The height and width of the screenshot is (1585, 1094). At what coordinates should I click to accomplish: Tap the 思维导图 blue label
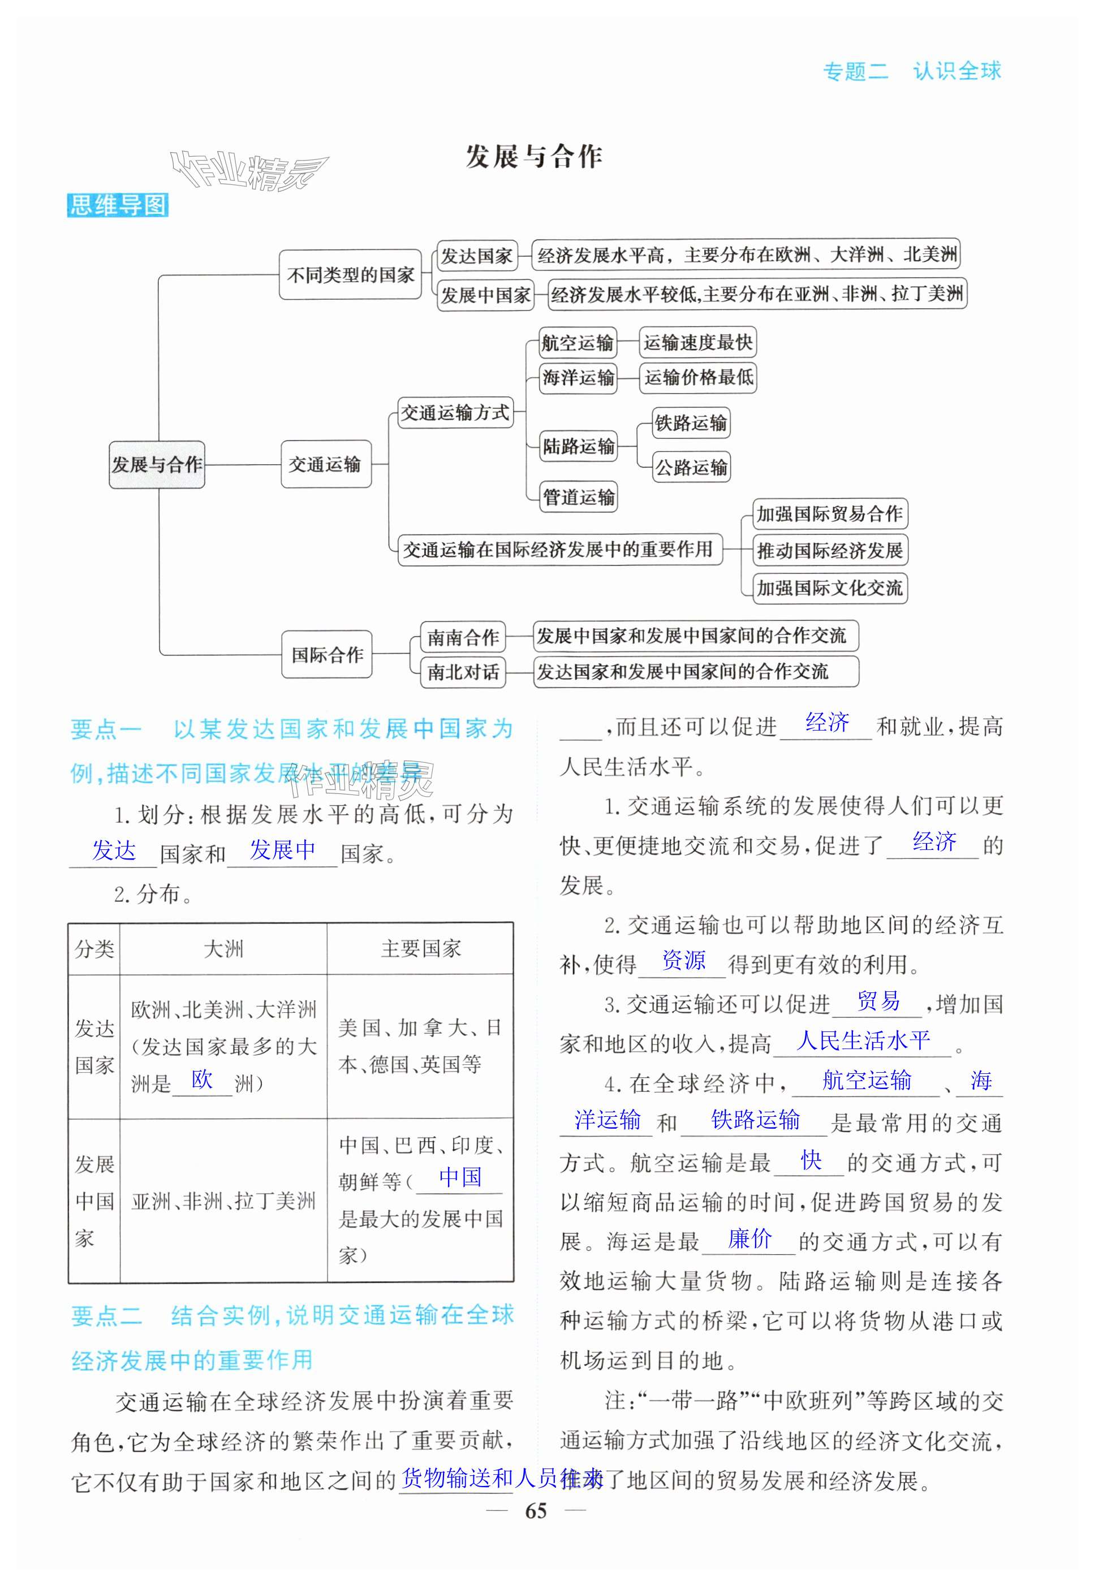coord(118,205)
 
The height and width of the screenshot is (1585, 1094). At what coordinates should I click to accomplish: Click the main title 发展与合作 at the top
coord(533,156)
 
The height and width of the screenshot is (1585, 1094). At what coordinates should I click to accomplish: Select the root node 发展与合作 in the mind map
coord(157,465)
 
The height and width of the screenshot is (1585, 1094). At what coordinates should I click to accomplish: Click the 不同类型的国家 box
coord(350,275)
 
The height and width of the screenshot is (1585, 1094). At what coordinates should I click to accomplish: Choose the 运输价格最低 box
coord(698,378)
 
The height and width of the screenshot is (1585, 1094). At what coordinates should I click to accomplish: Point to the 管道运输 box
coord(579,497)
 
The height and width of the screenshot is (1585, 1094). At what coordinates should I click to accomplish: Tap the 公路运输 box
coord(691,467)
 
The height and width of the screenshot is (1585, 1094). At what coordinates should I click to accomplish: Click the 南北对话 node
coord(463,672)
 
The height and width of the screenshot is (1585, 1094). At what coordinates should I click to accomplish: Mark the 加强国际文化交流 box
coord(829,588)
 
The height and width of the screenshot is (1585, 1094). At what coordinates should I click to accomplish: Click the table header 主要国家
coord(420,949)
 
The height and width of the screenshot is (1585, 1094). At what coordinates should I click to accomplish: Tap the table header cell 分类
coord(94,949)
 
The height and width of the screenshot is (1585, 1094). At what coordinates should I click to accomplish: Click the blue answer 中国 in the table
coord(460,1177)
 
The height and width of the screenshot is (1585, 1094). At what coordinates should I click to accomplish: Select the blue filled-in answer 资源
coord(683,960)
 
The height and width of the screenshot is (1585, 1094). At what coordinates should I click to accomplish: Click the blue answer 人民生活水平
coord(863,1040)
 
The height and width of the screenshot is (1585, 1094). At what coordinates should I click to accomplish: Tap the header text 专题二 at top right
coord(855,71)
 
